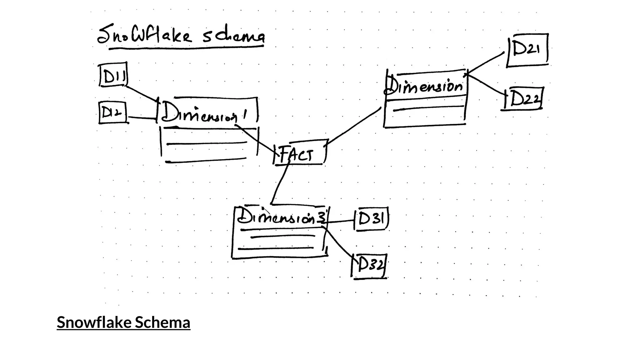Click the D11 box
coord(113,75)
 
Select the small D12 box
coord(112,112)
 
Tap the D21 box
coord(527,50)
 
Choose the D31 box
coord(372,219)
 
